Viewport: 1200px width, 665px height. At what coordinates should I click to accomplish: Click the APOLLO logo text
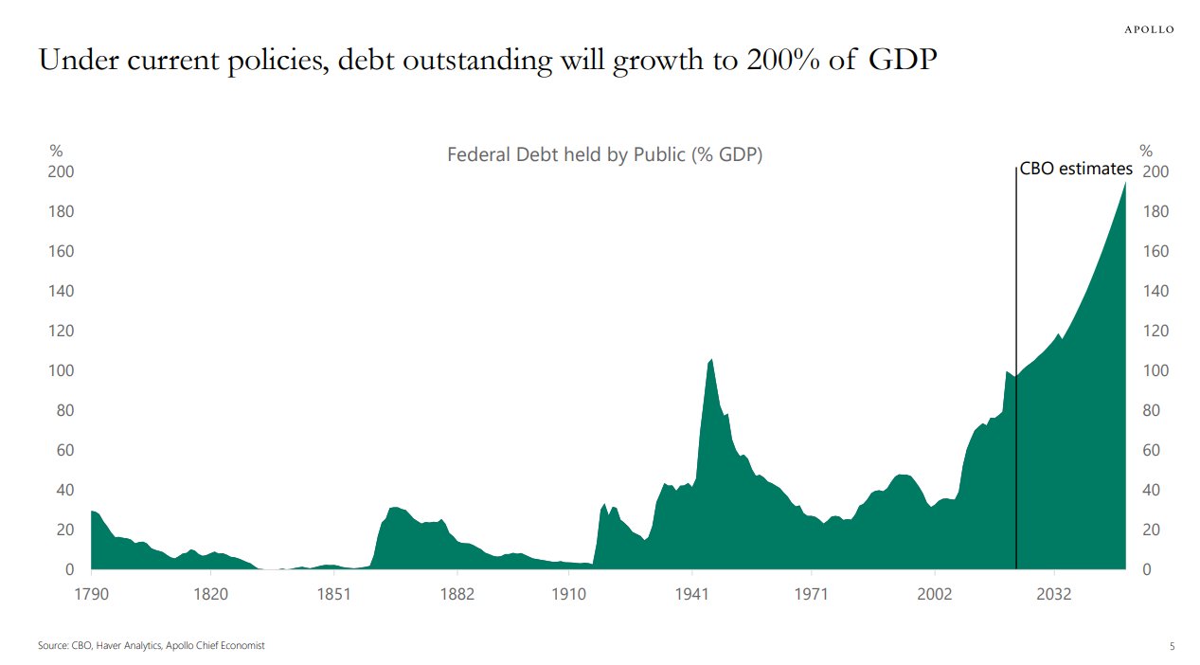(1148, 29)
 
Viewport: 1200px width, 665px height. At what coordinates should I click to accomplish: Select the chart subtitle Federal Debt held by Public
(604, 154)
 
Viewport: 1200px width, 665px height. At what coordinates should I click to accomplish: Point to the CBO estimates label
(1075, 169)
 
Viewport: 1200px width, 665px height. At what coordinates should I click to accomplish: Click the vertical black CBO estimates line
(1015, 379)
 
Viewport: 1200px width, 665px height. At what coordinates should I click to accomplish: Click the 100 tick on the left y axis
(62, 370)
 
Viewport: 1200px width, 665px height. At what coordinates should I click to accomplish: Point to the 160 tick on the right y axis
(1156, 251)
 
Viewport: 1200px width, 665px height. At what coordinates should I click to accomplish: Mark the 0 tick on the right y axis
(1147, 569)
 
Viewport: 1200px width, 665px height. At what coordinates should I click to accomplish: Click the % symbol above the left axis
(56, 150)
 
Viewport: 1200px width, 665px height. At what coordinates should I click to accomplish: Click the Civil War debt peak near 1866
(395, 508)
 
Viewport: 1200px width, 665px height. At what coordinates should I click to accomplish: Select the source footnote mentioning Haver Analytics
(151, 645)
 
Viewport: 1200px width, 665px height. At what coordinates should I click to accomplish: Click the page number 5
(1172, 646)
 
